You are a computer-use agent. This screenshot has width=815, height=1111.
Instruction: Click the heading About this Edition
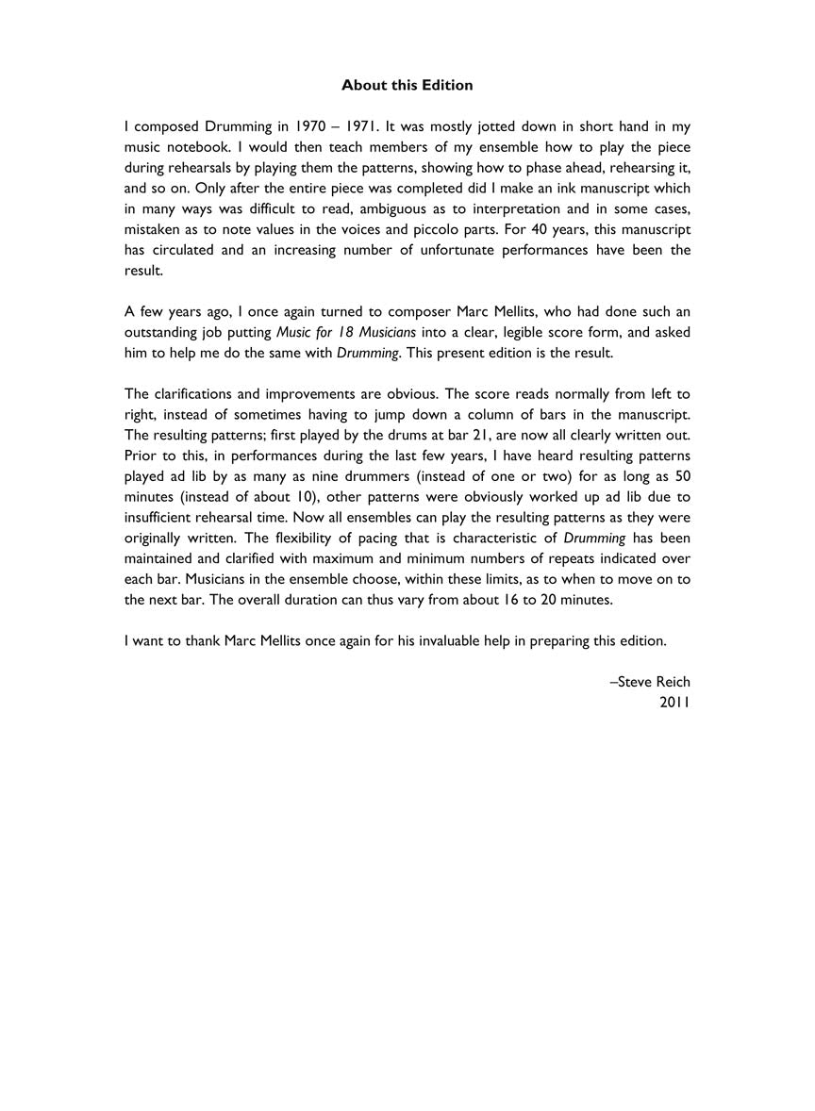(407, 85)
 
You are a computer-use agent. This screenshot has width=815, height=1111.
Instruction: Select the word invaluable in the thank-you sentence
(422, 640)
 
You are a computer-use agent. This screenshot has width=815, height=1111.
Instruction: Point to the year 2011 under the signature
(675, 702)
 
